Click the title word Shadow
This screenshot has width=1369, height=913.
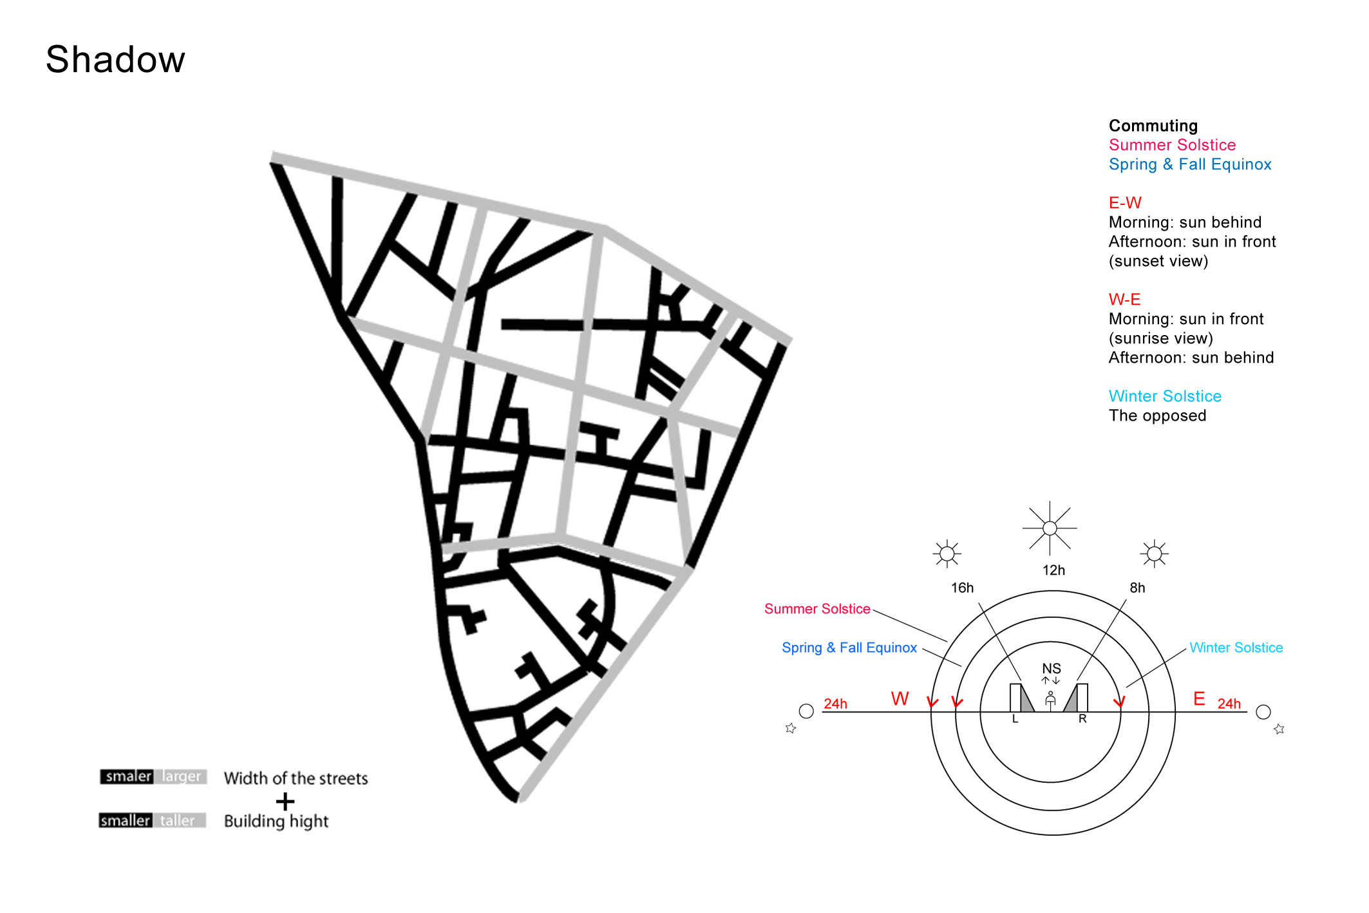pyautogui.click(x=115, y=59)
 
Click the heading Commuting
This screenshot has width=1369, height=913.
pyautogui.click(x=1153, y=126)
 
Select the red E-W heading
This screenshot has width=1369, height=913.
pyautogui.click(x=1125, y=203)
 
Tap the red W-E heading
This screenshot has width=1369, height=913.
pyautogui.click(x=1124, y=300)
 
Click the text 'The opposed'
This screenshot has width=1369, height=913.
pyautogui.click(x=1157, y=416)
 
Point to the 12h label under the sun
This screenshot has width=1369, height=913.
pyautogui.click(x=1053, y=570)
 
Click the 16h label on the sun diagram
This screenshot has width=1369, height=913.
pyautogui.click(x=962, y=588)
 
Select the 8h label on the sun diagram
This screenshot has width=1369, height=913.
pyautogui.click(x=1137, y=588)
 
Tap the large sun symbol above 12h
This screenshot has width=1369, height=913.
pyautogui.click(x=1050, y=528)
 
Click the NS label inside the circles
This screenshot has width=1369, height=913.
pyautogui.click(x=1052, y=669)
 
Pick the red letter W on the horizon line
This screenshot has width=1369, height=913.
pyautogui.click(x=900, y=699)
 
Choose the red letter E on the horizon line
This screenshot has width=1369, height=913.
pyautogui.click(x=1199, y=699)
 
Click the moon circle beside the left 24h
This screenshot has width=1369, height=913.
pyautogui.click(x=806, y=711)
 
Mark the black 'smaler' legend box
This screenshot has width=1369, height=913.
pyautogui.click(x=127, y=776)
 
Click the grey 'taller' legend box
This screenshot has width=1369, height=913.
pyautogui.click(x=179, y=820)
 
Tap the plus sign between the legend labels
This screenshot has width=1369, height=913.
pyautogui.click(x=285, y=802)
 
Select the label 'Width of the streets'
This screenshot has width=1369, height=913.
pyautogui.click(x=296, y=778)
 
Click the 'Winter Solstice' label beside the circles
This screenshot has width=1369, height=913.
pyautogui.click(x=1236, y=648)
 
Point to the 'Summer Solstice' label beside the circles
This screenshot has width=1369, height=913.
pyautogui.click(x=817, y=609)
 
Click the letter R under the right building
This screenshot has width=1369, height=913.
pyautogui.click(x=1082, y=718)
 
